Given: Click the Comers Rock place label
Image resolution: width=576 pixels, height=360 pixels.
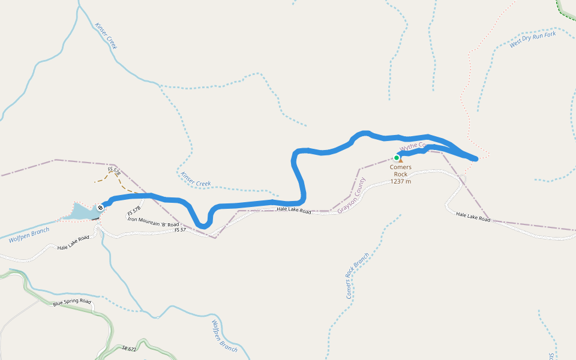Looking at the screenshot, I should [x=400, y=170].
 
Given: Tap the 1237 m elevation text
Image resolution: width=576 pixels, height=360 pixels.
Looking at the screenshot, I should [x=400, y=181].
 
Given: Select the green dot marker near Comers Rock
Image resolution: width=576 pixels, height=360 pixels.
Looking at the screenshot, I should [x=397, y=158].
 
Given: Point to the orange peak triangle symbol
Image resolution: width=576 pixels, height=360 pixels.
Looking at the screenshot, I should [x=401, y=160].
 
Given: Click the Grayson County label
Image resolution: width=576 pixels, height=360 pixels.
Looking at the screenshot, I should [x=351, y=195].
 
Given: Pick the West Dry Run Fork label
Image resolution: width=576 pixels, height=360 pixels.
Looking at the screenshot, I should [x=532, y=39].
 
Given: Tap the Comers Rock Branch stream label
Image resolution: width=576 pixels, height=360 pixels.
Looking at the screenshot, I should [x=357, y=276].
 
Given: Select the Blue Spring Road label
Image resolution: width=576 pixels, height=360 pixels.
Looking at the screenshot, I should [x=72, y=302].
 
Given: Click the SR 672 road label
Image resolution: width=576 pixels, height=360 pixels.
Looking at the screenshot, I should [x=128, y=348].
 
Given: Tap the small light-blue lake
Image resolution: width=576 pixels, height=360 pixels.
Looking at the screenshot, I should [x=81, y=211].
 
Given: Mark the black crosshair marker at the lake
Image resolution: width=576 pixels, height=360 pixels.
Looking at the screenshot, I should [x=100, y=208].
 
